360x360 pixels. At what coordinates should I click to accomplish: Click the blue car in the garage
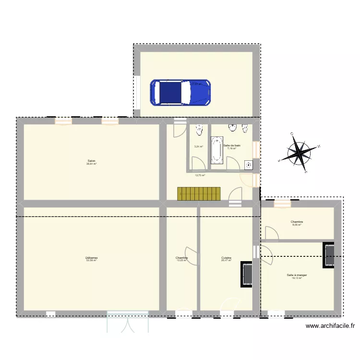180,92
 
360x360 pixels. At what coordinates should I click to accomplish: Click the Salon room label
91,162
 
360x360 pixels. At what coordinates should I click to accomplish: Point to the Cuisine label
226,259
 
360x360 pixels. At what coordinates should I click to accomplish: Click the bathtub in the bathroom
216,150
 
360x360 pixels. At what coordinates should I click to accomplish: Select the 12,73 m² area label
200,175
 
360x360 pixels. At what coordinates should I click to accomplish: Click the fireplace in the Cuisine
247,274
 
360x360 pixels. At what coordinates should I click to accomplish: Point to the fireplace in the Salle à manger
329,256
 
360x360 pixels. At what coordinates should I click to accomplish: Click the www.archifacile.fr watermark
330,326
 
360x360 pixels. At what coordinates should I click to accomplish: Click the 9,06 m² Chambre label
296,223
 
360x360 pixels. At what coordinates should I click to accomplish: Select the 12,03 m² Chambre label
181,259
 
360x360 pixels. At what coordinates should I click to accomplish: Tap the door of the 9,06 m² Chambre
270,232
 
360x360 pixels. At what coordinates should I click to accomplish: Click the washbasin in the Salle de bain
233,128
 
